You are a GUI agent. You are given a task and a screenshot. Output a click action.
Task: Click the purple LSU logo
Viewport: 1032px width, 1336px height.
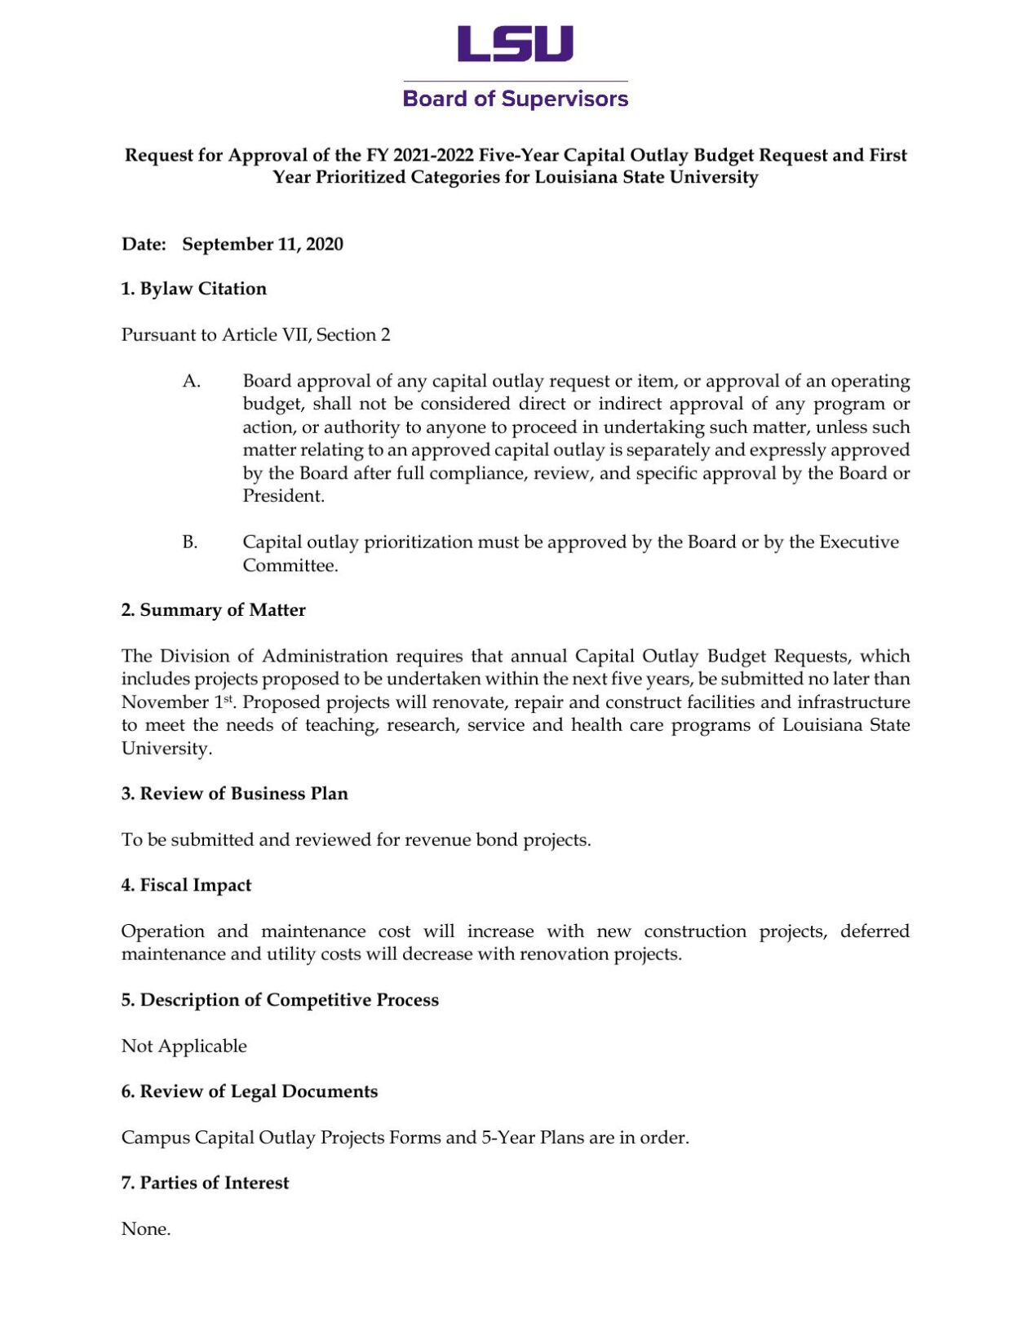tap(515, 44)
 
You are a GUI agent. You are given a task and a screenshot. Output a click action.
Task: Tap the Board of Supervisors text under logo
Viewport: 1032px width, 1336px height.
tap(515, 99)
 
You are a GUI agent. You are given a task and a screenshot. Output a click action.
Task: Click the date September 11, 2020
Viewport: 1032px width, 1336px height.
tap(262, 245)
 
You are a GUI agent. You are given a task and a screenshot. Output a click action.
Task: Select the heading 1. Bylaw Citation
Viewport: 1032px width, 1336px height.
tap(193, 289)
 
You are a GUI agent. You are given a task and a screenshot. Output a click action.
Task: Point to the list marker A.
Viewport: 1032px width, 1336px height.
tap(192, 382)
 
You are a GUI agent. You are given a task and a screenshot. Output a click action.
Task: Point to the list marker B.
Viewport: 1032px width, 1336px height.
tap(190, 542)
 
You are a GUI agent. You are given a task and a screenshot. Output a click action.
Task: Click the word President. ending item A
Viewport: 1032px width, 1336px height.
tap(283, 496)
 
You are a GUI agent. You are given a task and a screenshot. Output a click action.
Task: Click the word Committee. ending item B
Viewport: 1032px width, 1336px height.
tap(290, 566)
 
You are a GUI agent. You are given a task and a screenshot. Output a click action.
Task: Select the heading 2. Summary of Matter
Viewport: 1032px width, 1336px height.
tap(213, 610)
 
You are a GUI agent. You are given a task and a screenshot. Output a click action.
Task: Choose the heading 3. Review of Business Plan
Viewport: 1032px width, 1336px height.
tap(234, 794)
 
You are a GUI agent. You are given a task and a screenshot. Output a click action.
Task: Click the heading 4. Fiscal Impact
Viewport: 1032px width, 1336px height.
tap(186, 886)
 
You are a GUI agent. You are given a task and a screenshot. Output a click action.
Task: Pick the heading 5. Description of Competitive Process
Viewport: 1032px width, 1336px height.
tap(280, 1000)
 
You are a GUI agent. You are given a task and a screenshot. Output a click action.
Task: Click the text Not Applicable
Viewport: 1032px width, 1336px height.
tap(184, 1046)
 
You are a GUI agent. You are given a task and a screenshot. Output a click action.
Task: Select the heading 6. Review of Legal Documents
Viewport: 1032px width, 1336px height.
tap(249, 1092)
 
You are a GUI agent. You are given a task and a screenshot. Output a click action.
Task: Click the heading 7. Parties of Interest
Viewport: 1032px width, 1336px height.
tap(205, 1183)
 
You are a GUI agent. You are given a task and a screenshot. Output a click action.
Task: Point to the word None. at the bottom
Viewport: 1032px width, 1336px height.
tap(146, 1229)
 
